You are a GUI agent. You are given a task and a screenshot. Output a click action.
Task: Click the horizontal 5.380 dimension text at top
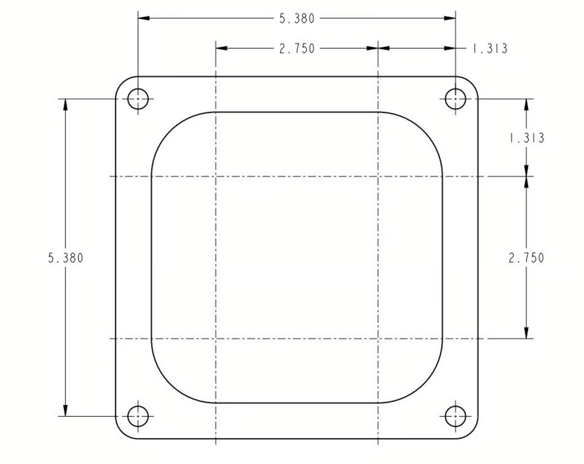[297, 19]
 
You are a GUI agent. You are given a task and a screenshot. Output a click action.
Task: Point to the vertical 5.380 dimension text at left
[65, 258]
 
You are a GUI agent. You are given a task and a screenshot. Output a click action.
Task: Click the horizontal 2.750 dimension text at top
[297, 49]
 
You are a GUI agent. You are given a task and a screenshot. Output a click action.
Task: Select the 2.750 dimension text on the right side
[526, 258]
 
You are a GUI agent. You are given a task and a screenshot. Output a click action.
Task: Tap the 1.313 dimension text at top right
[490, 49]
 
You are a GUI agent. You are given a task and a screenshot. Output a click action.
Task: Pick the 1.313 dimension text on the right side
[526, 138]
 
